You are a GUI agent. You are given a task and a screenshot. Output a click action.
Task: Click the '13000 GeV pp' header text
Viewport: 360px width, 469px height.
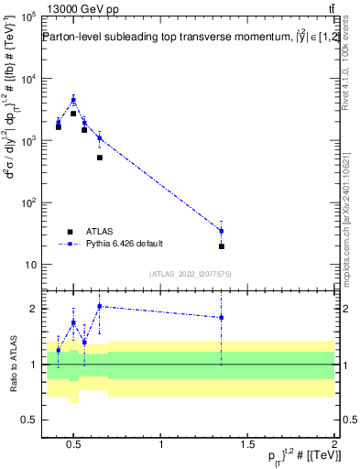click(76, 7)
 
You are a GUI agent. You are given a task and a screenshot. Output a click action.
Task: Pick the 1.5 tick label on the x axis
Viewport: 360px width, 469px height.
click(247, 446)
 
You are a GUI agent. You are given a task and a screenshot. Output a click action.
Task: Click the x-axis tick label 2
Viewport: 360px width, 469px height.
click(333, 446)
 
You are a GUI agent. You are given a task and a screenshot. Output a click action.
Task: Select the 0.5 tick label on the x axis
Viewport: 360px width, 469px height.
click(76, 446)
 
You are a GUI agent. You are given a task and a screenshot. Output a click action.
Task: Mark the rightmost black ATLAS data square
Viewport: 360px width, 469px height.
click(221, 246)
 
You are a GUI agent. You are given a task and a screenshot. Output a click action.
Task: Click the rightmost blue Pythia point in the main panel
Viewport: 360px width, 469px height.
click(221, 231)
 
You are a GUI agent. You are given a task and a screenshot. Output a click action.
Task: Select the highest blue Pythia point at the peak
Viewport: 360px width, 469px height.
click(73, 100)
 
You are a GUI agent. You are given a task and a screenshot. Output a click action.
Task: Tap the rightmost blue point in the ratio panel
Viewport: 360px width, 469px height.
click(221, 318)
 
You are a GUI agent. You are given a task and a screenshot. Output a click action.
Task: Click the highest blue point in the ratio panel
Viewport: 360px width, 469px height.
click(99, 306)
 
